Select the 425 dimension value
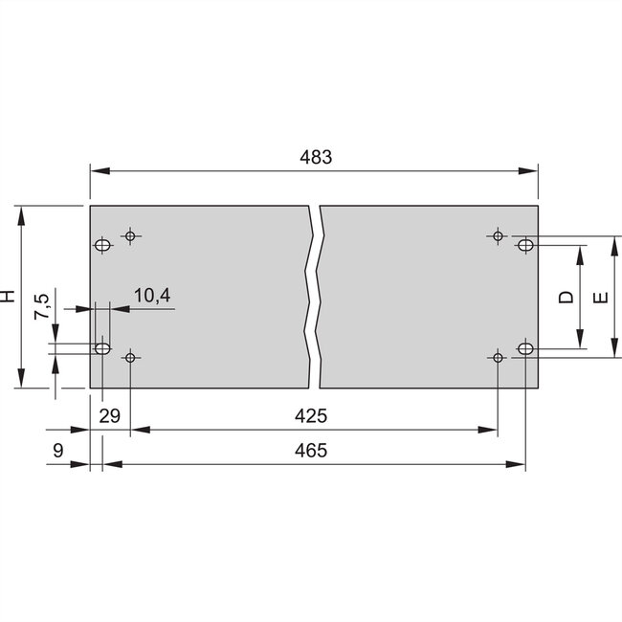312,416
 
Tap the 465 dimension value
312,451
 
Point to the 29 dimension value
109,416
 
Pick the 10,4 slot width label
151,296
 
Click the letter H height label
9,297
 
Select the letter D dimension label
566,298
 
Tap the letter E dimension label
600,298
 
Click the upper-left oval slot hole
102,246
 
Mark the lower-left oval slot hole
102,347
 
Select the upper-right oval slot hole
525,246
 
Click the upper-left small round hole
130,234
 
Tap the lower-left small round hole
130,357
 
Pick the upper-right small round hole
497,234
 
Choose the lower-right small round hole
497,357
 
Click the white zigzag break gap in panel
314,297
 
